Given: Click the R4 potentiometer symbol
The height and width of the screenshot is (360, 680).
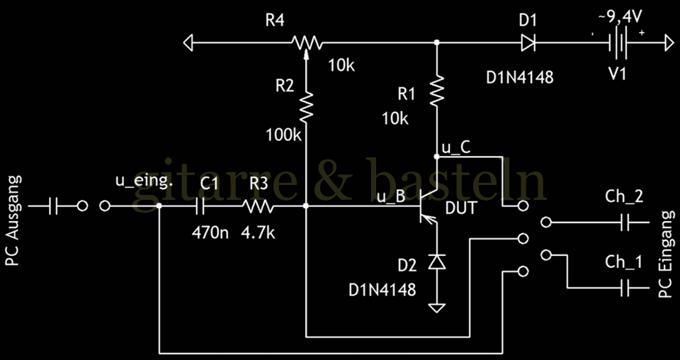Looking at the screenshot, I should click(x=306, y=43).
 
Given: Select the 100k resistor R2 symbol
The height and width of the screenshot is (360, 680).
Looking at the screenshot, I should click(x=306, y=108).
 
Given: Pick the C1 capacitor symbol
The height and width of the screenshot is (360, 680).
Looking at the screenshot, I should click(x=200, y=206).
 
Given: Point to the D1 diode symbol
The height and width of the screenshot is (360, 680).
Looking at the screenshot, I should click(x=528, y=43).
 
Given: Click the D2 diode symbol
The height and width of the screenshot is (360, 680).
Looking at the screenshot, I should click(x=437, y=262).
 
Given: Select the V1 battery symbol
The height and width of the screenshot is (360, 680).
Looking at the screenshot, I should click(x=618, y=43).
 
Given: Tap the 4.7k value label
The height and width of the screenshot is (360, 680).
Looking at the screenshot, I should click(x=259, y=231).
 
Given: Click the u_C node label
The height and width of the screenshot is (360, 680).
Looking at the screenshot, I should click(x=455, y=147).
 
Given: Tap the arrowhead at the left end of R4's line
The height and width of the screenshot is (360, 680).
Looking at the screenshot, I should click(x=188, y=43).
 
